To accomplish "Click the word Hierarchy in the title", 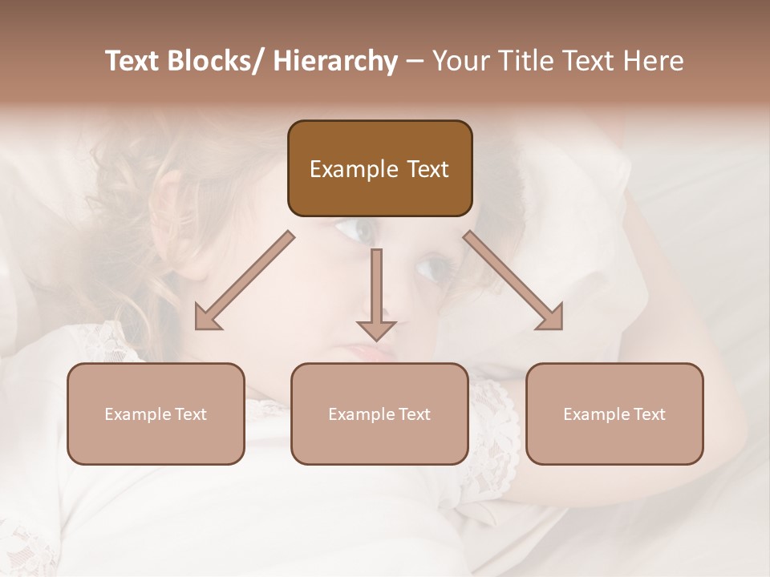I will click(x=334, y=61).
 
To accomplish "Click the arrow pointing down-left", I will click(x=245, y=280).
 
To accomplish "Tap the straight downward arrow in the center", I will click(x=376, y=293).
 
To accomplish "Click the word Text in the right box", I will click(x=649, y=414).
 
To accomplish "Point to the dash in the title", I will click(x=415, y=62).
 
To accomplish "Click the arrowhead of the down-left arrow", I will click(x=207, y=319).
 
